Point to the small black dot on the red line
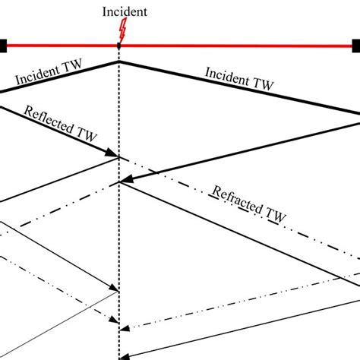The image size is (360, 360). click(x=118, y=46)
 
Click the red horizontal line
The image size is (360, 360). click(x=228, y=46)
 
